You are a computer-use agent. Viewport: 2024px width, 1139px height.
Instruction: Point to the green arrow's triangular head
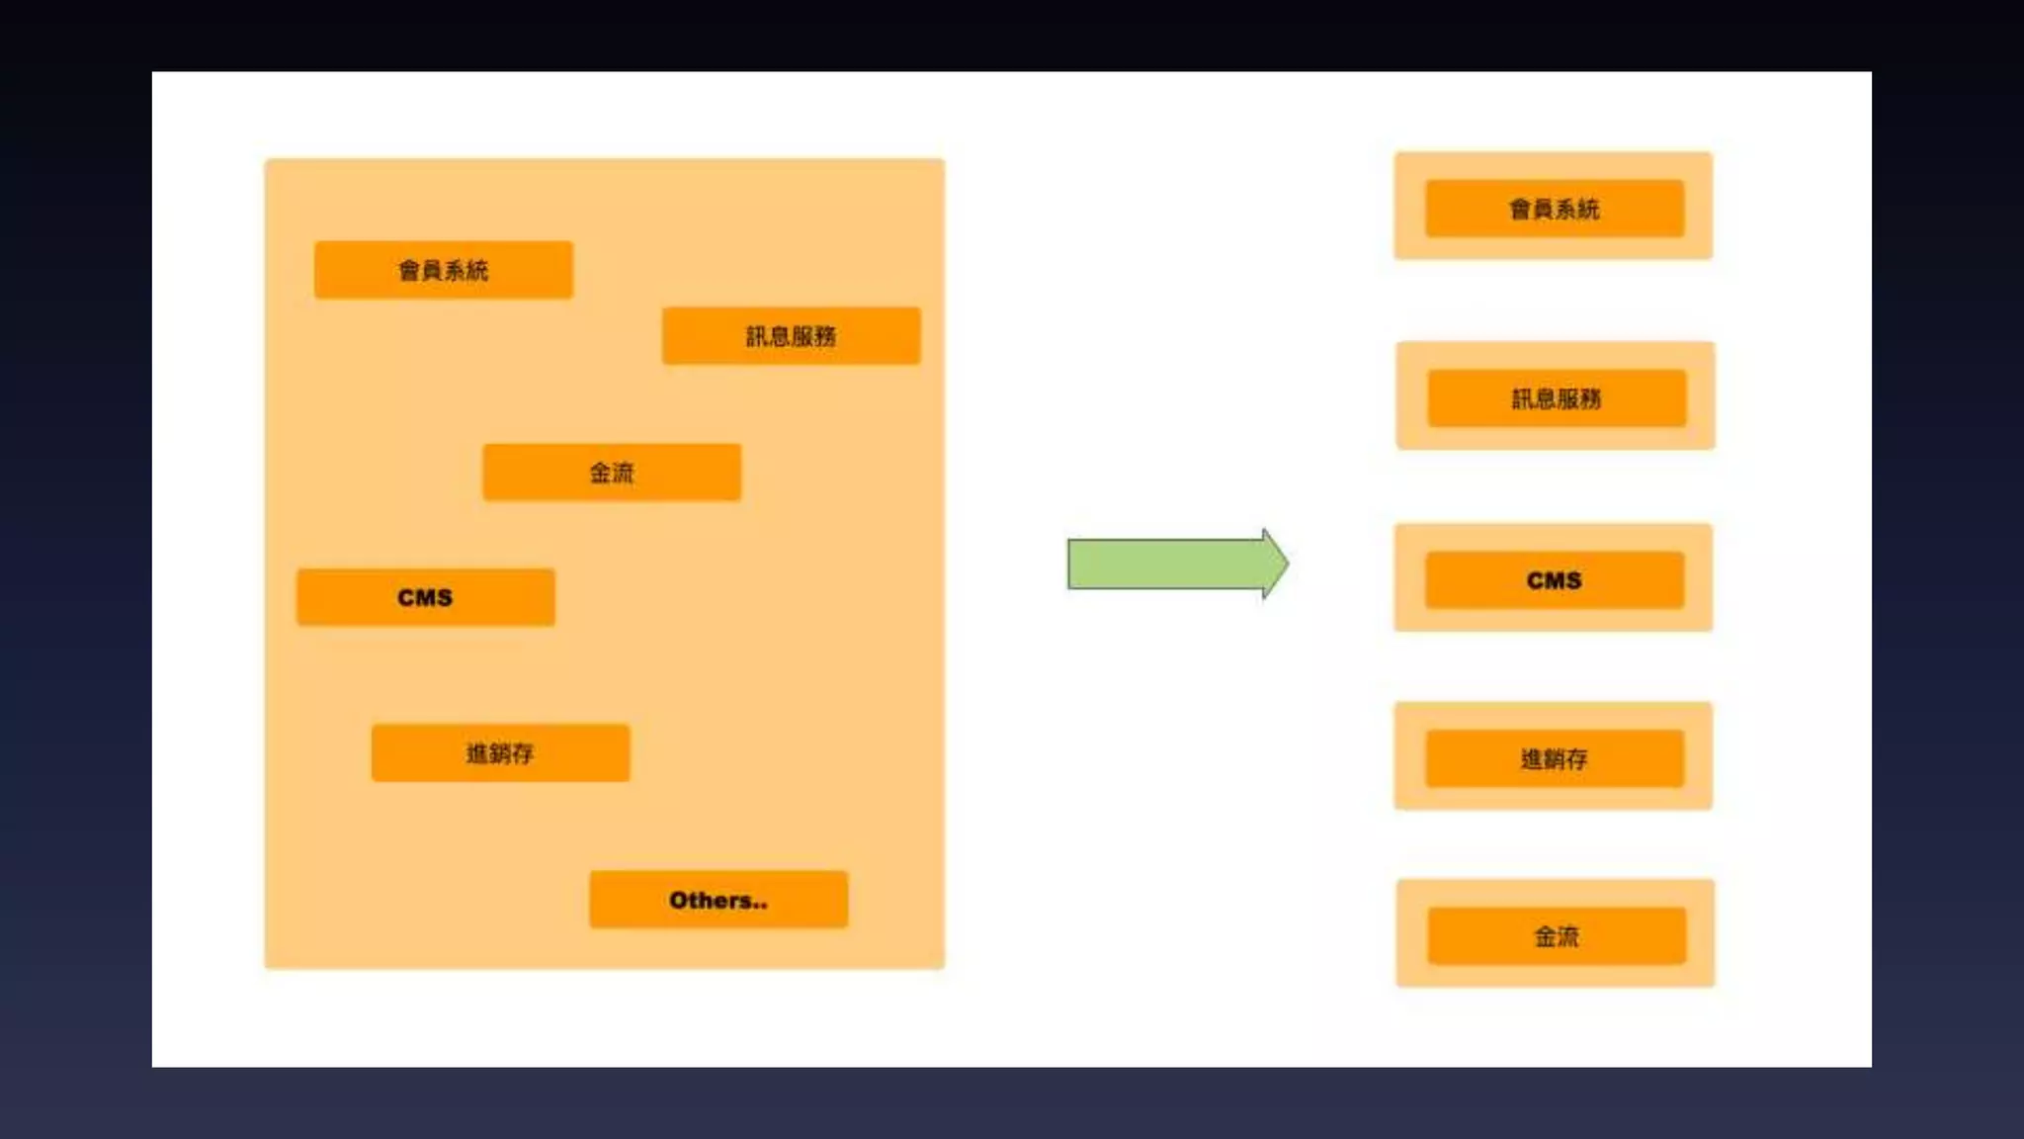click(1275, 564)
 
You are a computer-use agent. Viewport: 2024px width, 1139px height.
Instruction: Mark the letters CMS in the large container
click(425, 597)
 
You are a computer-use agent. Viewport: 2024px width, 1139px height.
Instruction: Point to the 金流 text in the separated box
click(1557, 936)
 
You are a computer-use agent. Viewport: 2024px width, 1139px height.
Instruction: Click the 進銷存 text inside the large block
click(500, 753)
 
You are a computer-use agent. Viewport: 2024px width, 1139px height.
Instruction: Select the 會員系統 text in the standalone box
click(1554, 209)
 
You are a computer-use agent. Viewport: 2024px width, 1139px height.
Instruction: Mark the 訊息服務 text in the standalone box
click(1557, 398)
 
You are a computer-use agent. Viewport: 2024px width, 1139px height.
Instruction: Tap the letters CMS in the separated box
click(1554, 580)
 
